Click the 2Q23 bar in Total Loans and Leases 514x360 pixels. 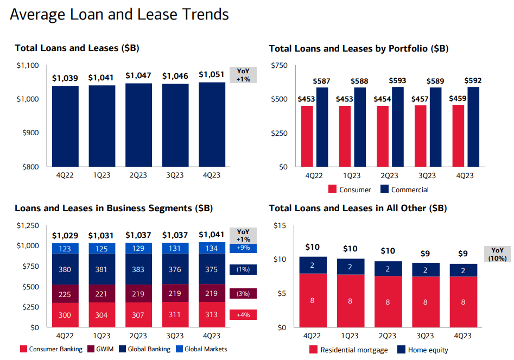point(138,124)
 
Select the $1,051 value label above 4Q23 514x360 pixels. point(212,75)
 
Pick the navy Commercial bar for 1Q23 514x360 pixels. point(359,127)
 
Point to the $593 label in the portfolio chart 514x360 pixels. point(397,80)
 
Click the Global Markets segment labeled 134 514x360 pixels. point(212,249)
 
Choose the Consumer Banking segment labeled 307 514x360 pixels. point(138,315)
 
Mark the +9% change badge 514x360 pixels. point(243,248)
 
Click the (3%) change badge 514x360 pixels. point(243,294)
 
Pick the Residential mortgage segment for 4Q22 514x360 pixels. point(312,300)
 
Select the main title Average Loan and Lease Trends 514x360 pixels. point(119,15)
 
